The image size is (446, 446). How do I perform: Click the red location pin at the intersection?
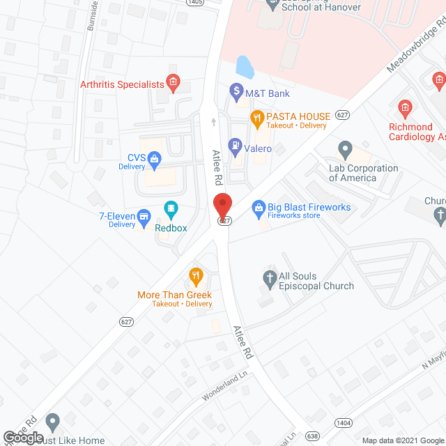click(222, 207)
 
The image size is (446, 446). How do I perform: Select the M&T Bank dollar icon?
click(236, 92)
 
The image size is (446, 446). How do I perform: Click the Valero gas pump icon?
click(236, 147)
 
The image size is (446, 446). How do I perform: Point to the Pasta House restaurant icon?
click(257, 118)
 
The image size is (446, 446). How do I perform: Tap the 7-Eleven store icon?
click(144, 217)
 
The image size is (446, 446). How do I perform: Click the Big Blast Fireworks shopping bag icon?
click(259, 207)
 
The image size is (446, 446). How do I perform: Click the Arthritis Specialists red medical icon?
click(174, 84)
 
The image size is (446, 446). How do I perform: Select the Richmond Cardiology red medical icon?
click(403, 108)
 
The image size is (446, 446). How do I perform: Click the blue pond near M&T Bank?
click(245, 67)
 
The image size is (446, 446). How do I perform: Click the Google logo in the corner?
click(23, 438)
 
